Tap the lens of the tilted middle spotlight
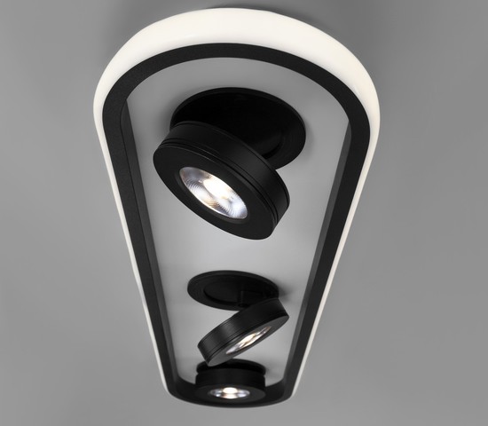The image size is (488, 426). pos(246,338)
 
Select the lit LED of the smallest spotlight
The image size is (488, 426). pos(231,390)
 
